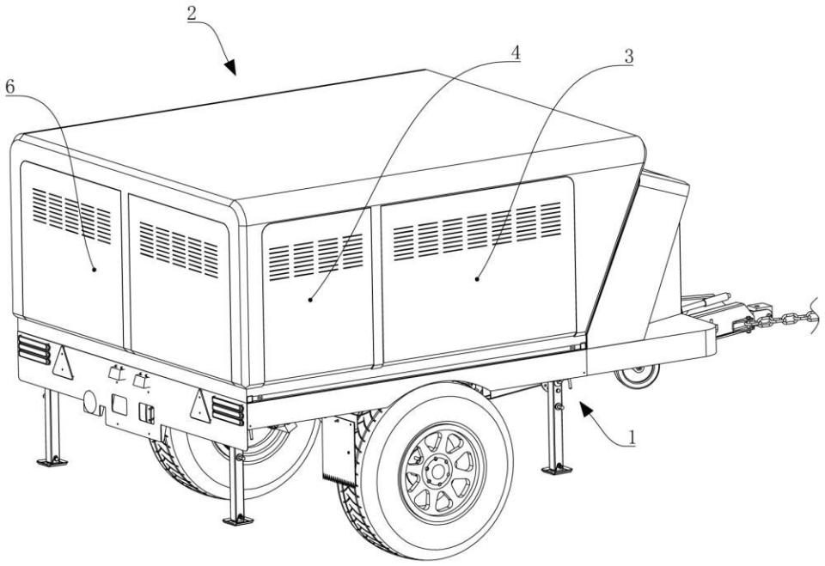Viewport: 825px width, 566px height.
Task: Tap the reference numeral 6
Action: (11, 88)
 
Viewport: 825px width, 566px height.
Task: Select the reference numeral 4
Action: (516, 52)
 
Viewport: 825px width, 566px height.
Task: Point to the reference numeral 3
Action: (629, 57)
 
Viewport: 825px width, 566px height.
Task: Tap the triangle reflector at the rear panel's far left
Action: (61, 363)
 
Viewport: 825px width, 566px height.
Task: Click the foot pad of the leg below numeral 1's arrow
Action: (556, 469)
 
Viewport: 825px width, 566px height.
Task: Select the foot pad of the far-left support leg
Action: (52, 461)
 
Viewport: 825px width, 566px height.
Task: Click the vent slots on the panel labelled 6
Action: (72, 215)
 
